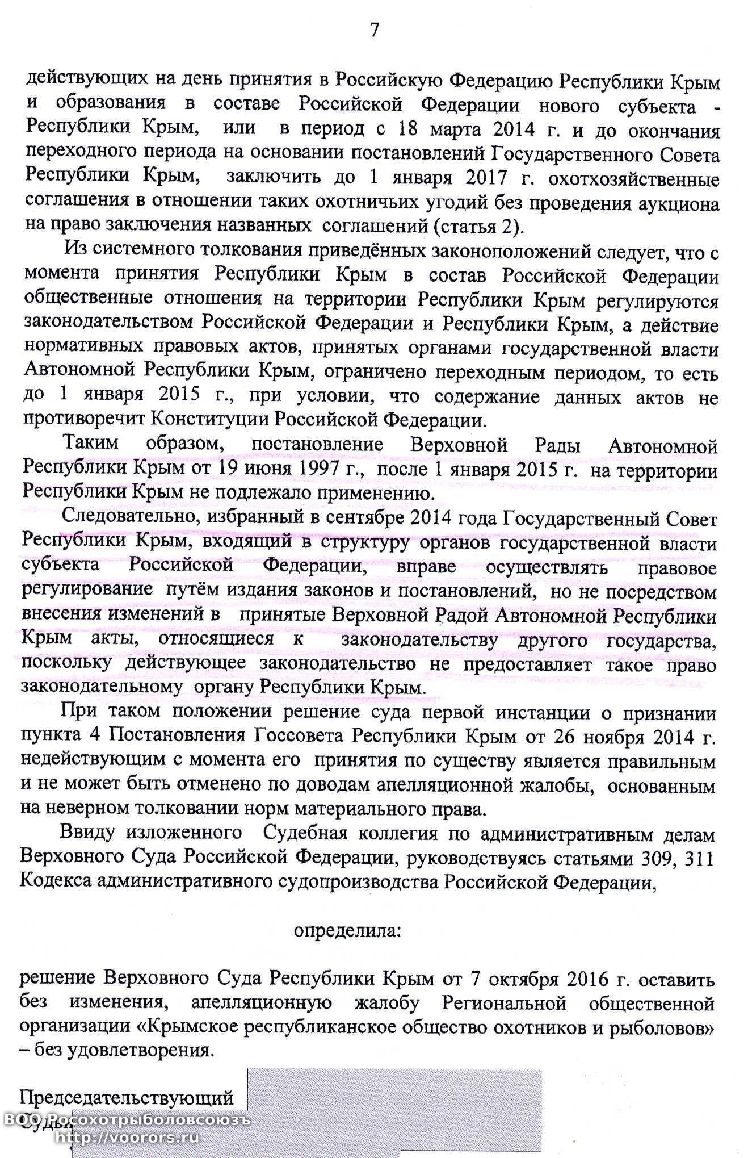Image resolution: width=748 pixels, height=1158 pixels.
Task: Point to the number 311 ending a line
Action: coord(699,858)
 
